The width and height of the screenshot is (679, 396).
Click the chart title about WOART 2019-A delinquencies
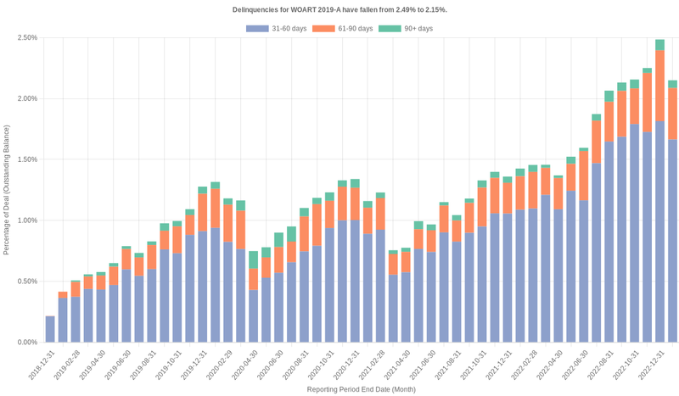[339, 9]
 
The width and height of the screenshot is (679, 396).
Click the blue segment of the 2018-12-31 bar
[50, 331]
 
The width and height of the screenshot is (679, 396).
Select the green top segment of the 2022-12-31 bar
[659, 45]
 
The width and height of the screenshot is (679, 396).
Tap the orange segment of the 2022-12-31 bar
[659, 85]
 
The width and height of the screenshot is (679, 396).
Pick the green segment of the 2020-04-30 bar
[253, 259]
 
